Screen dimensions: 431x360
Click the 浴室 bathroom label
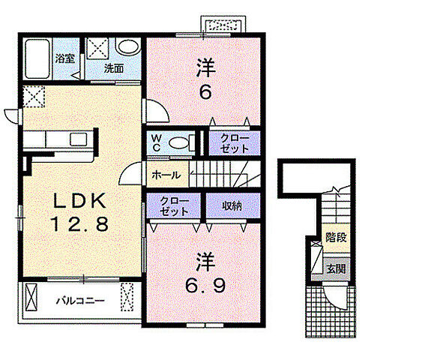[x=65, y=58]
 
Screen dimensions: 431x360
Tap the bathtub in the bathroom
[x=37, y=58]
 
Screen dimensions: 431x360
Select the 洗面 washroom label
[x=113, y=68]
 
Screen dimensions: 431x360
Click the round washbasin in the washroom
[x=128, y=46]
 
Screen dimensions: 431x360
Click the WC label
[x=157, y=142]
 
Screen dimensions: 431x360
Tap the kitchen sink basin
[x=79, y=139]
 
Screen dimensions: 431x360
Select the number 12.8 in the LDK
[x=79, y=223]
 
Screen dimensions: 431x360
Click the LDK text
[x=79, y=200]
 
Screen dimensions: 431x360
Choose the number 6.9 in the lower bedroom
[x=205, y=285]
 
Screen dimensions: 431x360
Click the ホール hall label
[x=166, y=175]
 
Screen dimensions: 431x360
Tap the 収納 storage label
[x=232, y=205]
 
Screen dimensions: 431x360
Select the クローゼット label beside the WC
[x=235, y=144]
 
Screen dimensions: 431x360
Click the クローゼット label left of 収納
[x=174, y=206]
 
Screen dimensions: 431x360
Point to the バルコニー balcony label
[x=80, y=301]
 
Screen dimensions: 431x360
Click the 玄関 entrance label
[x=336, y=268]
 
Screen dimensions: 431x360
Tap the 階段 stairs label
[x=336, y=237]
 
